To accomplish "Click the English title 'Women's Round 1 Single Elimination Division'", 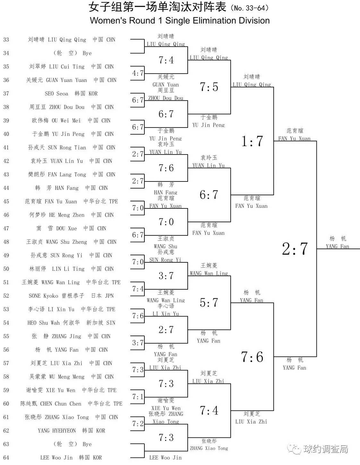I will (x=180, y=21).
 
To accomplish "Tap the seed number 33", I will (x=6, y=39).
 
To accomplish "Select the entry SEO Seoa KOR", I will (x=71, y=93).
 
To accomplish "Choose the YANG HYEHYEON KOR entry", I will (x=71, y=431).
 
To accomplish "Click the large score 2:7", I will (x=295, y=249).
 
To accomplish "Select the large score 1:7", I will (x=252, y=141).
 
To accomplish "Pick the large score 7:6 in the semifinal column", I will (x=252, y=357).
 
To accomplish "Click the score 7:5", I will (x=209, y=87).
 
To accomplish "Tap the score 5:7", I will (x=209, y=303).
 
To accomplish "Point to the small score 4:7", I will (x=138, y=73).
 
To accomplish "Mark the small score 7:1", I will (x=138, y=397).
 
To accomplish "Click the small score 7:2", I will (x=138, y=424).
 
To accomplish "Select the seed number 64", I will (x=6, y=458).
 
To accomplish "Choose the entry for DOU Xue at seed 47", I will (x=71, y=228).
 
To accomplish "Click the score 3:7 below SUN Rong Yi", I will (x=166, y=276).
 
